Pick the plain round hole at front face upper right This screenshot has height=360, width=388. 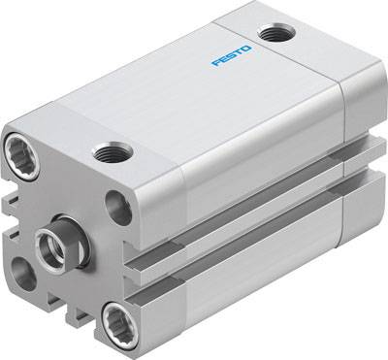(119, 205)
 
